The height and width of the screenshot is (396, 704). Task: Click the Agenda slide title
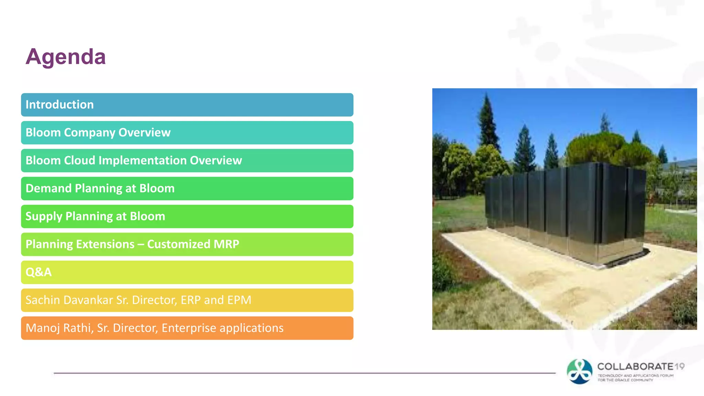click(x=65, y=57)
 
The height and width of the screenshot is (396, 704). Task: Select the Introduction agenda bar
click(x=187, y=104)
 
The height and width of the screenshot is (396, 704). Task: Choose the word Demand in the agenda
click(x=48, y=188)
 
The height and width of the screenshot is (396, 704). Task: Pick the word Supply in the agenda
click(x=44, y=217)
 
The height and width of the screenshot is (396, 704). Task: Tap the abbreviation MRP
click(x=226, y=244)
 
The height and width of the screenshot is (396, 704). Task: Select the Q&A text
click(x=38, y=272)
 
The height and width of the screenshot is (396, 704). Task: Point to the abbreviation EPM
click(x=239, y=300)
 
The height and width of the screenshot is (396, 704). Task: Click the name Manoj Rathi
click(x=59, y=328)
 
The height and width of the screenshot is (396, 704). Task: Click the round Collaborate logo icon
click(x=580, y=372)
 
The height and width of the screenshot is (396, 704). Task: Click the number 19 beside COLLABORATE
click(x=679, y=366)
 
